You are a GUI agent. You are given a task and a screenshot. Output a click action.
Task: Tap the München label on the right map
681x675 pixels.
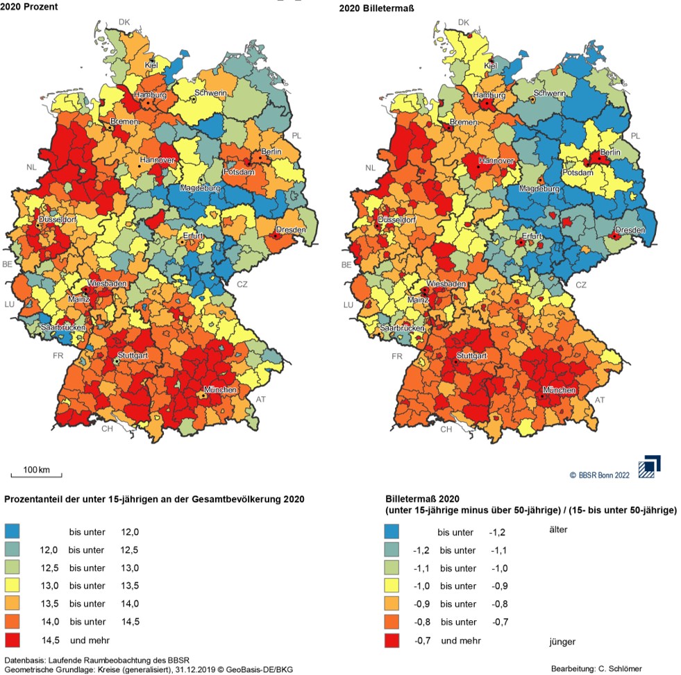(559, 391)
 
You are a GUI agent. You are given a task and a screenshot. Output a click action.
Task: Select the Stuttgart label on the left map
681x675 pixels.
(133, 355)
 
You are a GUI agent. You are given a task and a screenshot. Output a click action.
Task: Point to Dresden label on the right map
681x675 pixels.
(630, 230)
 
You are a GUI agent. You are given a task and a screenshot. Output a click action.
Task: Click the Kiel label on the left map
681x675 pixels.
(151, 65)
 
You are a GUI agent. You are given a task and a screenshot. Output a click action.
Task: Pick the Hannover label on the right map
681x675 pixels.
(494, 161)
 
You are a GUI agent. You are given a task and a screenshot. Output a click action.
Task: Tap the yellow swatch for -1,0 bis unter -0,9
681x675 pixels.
(394, 586)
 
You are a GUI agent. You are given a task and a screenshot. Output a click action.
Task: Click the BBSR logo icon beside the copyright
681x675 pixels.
(649, 466)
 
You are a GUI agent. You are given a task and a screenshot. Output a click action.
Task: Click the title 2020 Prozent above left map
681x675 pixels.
(28, 7)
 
